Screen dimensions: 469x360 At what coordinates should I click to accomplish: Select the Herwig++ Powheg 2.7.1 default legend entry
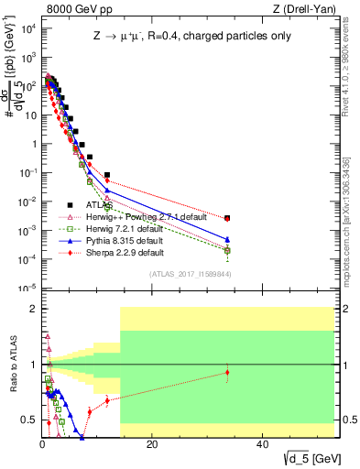tap(138, 217)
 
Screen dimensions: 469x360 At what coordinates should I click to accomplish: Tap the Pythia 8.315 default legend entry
tap(125, 241)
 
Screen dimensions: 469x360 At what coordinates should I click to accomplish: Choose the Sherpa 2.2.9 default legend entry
tap(125, 253)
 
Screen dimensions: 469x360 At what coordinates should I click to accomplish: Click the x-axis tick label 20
tap(152, 443)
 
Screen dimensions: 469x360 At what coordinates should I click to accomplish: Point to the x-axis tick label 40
tap(262, 443)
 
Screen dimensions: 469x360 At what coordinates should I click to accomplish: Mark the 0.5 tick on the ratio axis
tap(29, 420)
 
